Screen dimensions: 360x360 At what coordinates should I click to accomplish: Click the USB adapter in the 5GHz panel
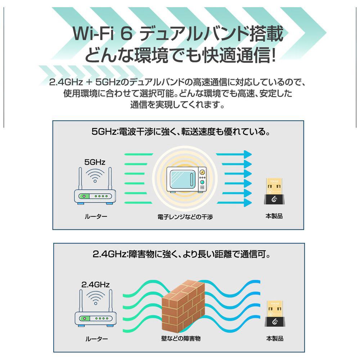[274, 191]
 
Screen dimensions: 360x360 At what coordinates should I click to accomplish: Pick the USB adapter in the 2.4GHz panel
[275, 314]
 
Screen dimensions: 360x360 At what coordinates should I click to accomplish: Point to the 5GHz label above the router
[95, 162]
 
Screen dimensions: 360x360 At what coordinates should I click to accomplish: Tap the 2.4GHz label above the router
[95, 285]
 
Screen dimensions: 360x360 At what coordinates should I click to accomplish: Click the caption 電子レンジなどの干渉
[185, 217]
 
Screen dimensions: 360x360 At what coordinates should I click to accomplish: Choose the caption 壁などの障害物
[181, 338]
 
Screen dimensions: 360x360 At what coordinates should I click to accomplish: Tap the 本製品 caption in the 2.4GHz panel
[275, 338]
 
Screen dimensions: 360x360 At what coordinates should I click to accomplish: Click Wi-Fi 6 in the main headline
[103, 33]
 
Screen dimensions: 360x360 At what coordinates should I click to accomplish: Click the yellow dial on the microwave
[202, 172]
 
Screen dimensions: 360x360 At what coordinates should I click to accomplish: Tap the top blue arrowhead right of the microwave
[248, 154]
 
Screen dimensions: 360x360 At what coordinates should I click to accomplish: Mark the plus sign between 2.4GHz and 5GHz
[89, 82]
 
